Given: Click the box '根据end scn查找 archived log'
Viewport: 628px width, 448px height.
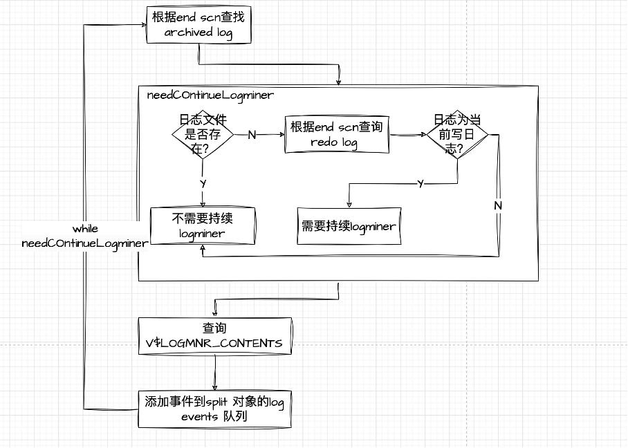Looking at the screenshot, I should pyautogui.click(x=198, y=26).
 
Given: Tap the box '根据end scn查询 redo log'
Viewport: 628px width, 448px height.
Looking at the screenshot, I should pyautogui.click(x=336, y=134).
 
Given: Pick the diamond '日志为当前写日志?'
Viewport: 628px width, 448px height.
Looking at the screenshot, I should pyautogui.click(x=457, y=134).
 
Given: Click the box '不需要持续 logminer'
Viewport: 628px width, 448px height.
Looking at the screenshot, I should pyautogui.click(x=203, y=226).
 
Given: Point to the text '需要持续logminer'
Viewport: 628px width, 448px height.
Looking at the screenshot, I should pyautogui.click(x=349, y=226).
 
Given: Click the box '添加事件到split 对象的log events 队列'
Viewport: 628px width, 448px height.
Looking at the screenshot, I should pyautogui.click(x=214, y=409).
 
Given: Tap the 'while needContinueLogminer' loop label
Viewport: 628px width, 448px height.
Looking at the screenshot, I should pyautogui.click(x=84, y=236).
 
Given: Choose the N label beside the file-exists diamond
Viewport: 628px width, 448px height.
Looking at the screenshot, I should pyautogui.click(x=252, y=135).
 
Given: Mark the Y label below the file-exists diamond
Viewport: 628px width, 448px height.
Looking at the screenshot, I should pyautogui.click(x=203, y=184).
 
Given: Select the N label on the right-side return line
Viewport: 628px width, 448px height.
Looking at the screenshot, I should pyautogui.click(x=498, y=206).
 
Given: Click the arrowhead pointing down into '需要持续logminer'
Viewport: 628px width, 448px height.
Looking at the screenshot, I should pyautogui.click(x=349, y=203).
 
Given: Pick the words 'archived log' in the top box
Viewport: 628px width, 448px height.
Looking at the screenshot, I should pyautogui.click(x=198, y=33).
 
